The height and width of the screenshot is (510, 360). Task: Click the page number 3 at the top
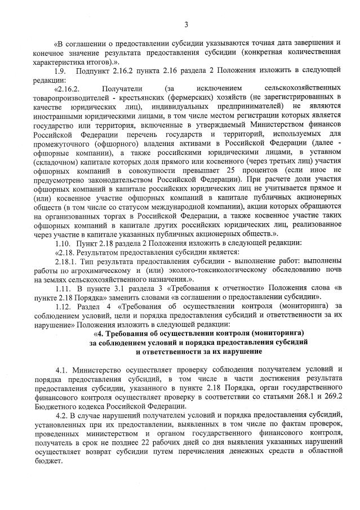[185, 24]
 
